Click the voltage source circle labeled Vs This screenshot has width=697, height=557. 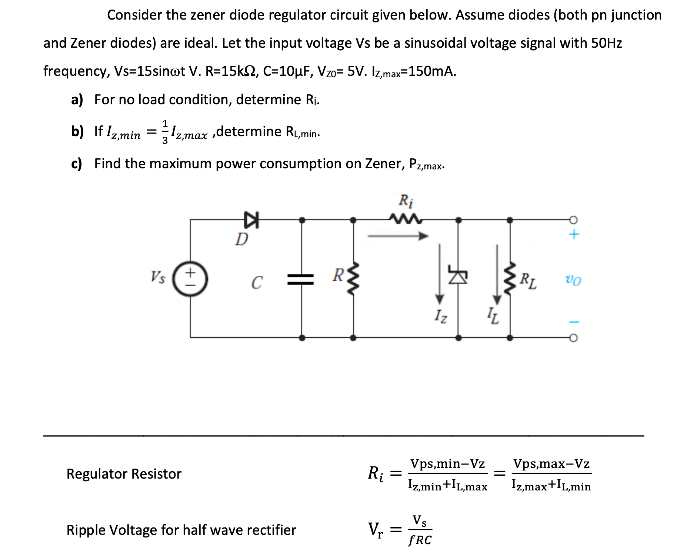point(190,279)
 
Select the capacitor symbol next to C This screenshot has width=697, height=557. point(301,279)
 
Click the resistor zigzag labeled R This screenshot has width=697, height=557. point(354,279)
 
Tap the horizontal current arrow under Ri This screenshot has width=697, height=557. point(398,236)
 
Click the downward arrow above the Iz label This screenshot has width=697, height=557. point(440,274)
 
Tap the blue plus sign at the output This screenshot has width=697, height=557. point(574,234)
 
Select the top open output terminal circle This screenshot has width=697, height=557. point(573,220)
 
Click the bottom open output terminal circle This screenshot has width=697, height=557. point(573,338)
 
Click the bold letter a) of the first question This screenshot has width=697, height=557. point(77,99)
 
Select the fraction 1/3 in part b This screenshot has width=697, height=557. point(165,132)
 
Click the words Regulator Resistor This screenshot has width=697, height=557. point(124,474)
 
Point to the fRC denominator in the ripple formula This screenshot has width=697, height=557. point(420,540)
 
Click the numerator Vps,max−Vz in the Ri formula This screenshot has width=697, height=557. point(551,463)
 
